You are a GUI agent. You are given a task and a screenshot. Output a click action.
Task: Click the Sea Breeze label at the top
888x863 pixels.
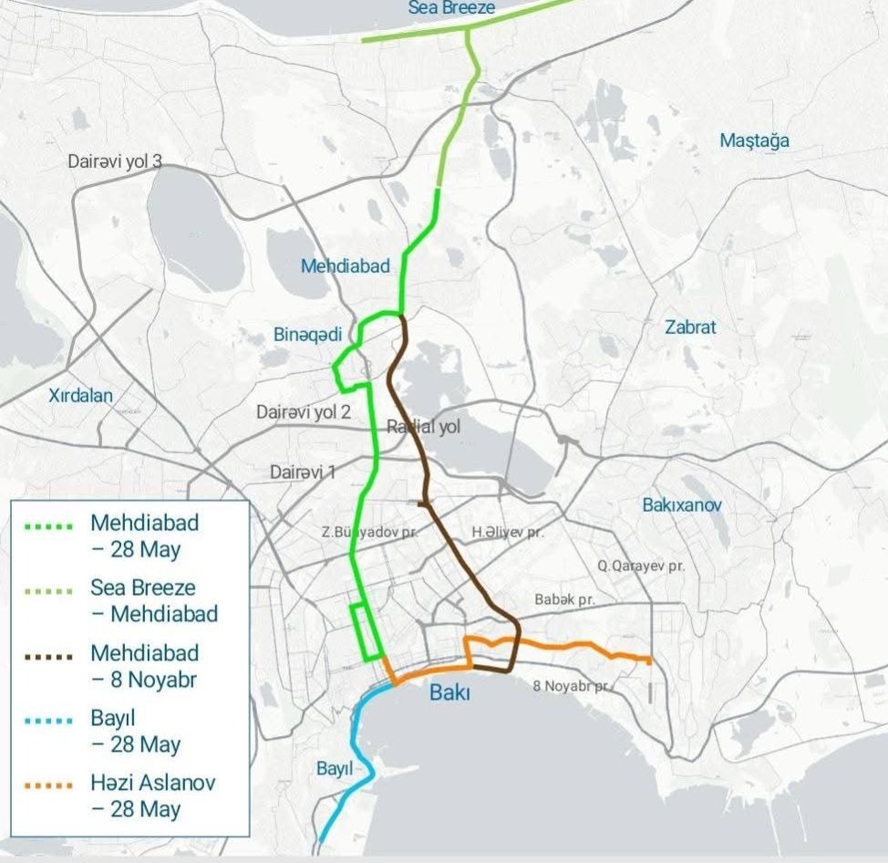tap(451, 8)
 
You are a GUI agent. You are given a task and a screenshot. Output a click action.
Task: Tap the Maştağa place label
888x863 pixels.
tap(754, 140)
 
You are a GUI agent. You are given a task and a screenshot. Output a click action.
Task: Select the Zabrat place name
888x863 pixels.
tap(690, 328)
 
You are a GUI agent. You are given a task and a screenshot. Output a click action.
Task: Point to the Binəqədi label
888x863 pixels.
tap(307, 336)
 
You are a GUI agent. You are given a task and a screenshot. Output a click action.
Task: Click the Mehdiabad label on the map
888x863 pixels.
tap(345, 266)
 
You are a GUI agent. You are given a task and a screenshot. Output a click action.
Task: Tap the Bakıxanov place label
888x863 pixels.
tap(682, 504)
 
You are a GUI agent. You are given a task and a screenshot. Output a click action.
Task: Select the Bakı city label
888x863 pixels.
tap(449, 693)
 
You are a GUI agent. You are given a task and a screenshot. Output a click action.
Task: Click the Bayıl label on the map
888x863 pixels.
tap(334, 769)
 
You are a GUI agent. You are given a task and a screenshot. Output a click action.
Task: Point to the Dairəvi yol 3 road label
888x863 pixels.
tap(115, 161)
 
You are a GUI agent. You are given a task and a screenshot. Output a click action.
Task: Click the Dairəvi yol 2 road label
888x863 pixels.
tap(303, 412)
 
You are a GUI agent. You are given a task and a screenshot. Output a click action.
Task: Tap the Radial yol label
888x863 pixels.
tap(424, 426)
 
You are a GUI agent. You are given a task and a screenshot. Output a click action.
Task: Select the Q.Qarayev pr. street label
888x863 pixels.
tap(641, 566)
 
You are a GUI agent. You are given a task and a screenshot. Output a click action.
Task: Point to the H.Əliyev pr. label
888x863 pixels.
tap(507, 532)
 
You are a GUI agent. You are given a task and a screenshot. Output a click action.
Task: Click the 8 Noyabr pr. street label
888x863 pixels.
tap(572, 685)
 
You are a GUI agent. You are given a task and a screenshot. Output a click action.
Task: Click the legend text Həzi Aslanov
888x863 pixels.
tap(152, 784)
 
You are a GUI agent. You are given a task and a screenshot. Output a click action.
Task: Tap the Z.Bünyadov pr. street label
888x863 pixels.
tap(367, 532)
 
